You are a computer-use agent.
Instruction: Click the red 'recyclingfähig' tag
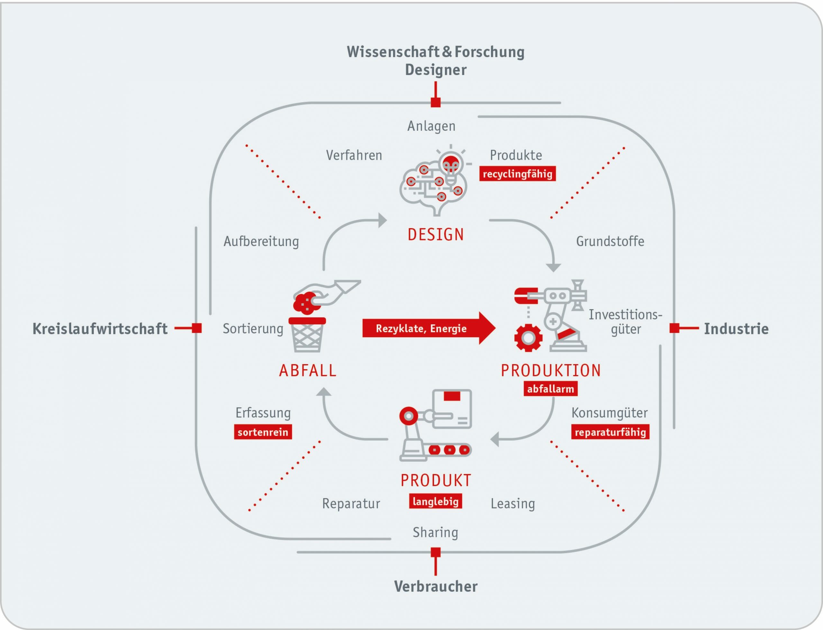pos(517,174)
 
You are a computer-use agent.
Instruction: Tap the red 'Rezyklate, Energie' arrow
pos(429,328)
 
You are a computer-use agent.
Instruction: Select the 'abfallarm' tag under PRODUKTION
pos(550,389)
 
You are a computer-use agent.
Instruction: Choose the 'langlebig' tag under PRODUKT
pos(436,501)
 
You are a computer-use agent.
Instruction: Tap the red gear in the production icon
pos(528,338)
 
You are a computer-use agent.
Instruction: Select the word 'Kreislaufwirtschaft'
pos(100,329)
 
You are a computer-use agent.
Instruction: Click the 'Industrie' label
pos(736,329)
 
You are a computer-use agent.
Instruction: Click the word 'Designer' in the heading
pos(436,70)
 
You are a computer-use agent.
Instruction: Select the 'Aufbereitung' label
pos(261,241)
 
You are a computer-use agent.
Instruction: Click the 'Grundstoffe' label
pos(610,241)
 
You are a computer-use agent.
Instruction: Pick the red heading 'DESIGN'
pos(436,235)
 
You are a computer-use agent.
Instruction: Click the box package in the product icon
pos(452,409)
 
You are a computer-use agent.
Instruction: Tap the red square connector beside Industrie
pos(674,328)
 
